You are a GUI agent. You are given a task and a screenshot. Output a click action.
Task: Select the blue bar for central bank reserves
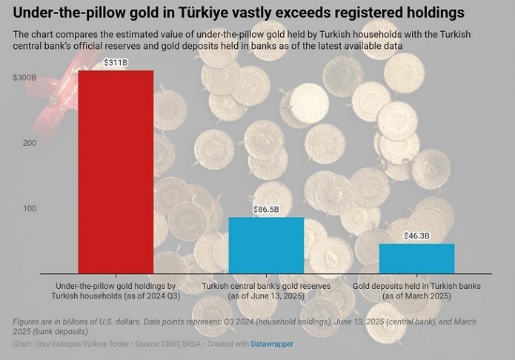click(265, 244)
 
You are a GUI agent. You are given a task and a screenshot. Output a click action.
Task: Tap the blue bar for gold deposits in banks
click(416, 258)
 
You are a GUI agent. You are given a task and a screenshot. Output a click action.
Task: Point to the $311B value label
click(116, 62)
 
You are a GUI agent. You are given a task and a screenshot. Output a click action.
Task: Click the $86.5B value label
click(265, 210)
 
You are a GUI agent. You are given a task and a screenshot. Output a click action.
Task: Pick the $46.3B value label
click(416, 236)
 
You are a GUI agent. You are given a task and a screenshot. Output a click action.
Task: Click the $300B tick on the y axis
click(25, 77)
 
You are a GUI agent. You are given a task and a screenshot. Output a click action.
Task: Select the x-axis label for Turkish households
click(116, 290)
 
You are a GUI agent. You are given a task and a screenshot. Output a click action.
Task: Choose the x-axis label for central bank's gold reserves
click(265, 290)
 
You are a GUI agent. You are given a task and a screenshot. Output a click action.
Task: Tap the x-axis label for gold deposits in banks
click(416, 290)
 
